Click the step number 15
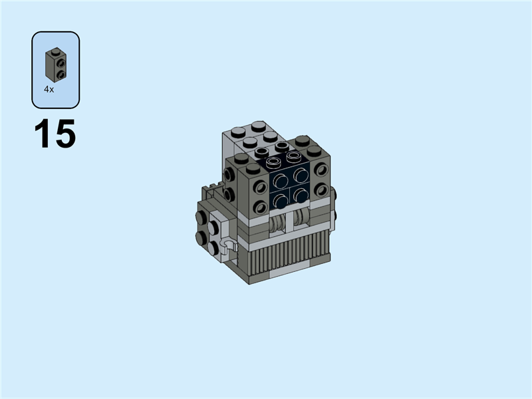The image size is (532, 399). pos(55,134)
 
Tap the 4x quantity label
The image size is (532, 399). pos(49,89)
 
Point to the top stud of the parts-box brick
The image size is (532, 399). pos(55,52)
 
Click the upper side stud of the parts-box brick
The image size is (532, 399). pos(61,63)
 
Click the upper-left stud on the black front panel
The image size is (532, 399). pos(281,180)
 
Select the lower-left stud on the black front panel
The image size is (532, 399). pos(281,199)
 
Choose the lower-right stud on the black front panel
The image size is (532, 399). pos(301,195)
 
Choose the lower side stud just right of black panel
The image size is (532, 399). pos(321,190)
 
